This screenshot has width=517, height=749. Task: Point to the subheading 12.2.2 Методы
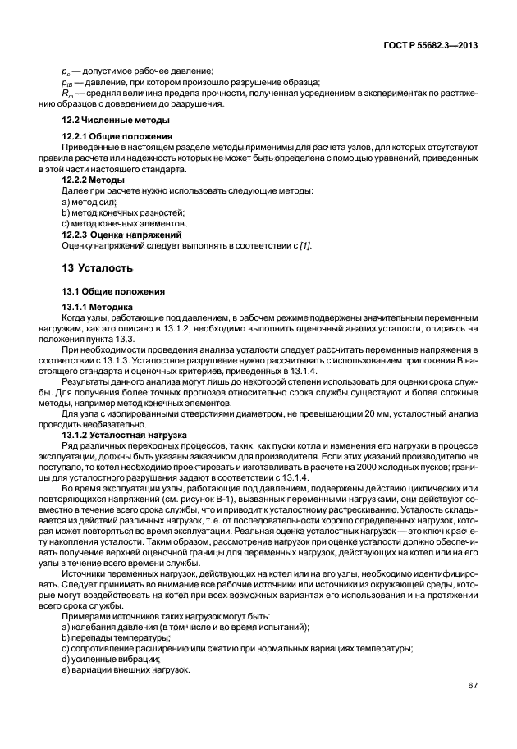click(94, 179)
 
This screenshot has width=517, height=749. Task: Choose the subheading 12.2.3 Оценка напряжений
click(116, 234)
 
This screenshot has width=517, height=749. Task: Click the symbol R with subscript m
click(66, 93)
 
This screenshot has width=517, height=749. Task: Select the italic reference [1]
click(304, 244)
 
